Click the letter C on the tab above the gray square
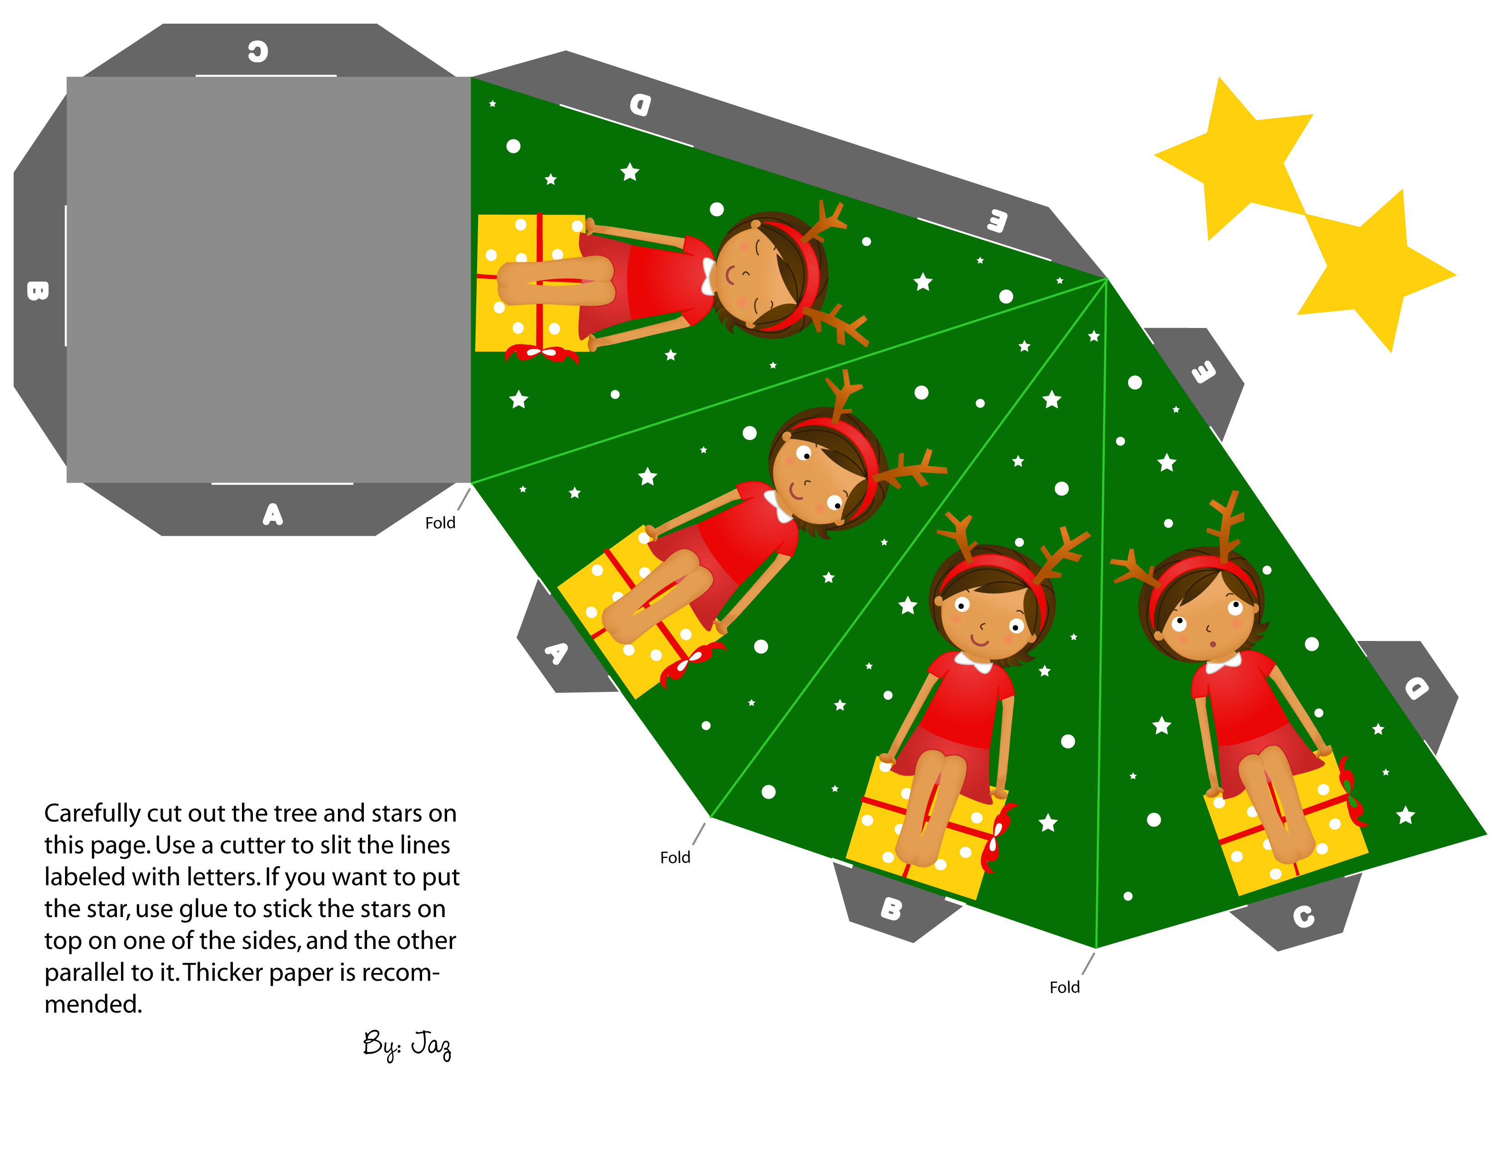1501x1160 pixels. click(258, 51)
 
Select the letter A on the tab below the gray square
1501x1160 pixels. click(273, 514)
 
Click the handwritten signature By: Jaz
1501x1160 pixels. click(408, 1044)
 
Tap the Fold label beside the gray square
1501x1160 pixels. click(440, 523)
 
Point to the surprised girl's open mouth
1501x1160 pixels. click(1214, 644)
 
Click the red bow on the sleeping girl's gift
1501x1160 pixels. click(541, 353)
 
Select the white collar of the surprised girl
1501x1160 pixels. click(1224, 664)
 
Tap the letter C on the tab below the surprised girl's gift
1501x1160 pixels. click(1304, 917)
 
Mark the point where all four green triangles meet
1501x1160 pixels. click(1107, 278)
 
